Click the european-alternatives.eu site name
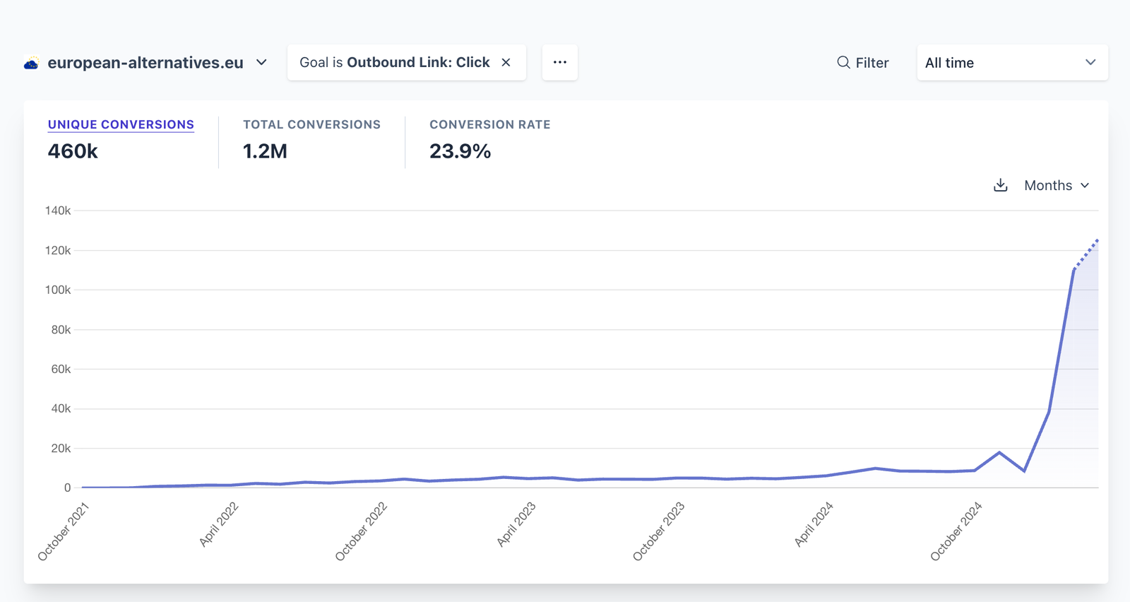click(145, 63)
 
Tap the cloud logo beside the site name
click(31, 64)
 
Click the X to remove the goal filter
click(506, 62)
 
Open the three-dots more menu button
click(560, 62)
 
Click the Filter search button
click(862, 63)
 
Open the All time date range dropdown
click(1011, 63)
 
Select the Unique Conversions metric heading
click(121, 124)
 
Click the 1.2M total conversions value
click(265, 151)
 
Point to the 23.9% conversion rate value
click(460, 151)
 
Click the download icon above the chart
click(1000, 185)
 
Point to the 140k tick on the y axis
click(58, 211)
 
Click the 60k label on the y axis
click(61, 369)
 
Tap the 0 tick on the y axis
click(67, 488)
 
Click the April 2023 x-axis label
click(516, 524)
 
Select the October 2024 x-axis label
click(956, 531)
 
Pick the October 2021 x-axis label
click(63, 531)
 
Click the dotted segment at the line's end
click(1086, 254)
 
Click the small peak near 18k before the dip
click(999, 452)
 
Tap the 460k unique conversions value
click(73, 151)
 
